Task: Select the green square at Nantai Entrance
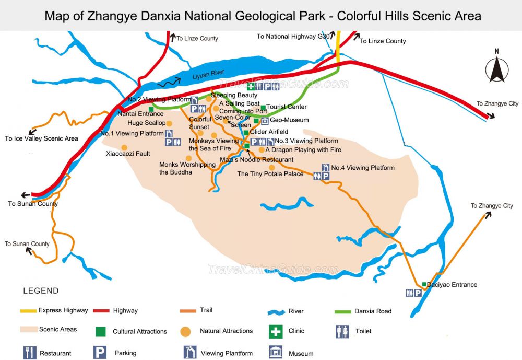click(151, 109)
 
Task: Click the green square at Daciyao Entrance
click(424, 285)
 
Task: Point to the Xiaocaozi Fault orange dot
click(124, 147)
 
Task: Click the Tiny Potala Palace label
click(270, 174)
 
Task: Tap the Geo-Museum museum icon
click(265, 121)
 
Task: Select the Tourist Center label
click(287, 107)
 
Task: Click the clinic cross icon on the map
click(251, 87)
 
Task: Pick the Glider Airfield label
click(269, 132)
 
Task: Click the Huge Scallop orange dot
click(170, 123)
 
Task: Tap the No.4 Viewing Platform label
click(363, 168)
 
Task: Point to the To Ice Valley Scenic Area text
click(41, 138)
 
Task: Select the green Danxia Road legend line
click(342, 311)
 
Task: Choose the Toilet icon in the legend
click(342, 331)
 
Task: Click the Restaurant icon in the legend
click(30, 353)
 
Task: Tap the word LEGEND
click(41, 291)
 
